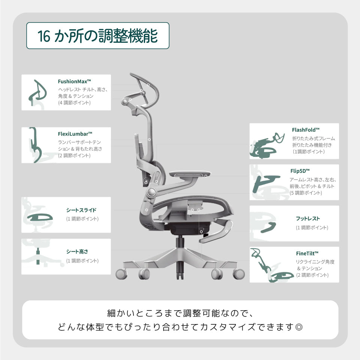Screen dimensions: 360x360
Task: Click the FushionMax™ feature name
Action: [74, 81]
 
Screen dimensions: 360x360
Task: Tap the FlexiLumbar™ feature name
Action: [75, 134]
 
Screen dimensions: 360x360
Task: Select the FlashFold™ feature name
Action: [306, 130]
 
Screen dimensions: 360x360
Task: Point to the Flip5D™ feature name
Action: [300, 171]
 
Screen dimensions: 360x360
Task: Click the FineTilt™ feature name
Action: [307, 253]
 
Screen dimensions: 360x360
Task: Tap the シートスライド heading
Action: [81, 210]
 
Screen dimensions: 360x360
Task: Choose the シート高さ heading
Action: [77, 252]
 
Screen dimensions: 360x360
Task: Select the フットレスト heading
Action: [307, 219]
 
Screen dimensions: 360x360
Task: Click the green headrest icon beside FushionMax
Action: [37, 92]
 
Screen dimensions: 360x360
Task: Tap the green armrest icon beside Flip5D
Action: [266, 183]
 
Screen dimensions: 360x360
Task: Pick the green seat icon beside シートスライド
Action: [40, 217]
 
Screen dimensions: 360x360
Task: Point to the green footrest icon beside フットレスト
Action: [268, 227]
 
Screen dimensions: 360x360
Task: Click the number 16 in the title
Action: [43, 36]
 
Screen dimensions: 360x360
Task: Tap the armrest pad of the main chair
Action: [190, 174]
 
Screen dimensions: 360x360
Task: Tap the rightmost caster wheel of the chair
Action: [238, 274]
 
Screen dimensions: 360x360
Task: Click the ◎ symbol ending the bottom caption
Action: [299, 327]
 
